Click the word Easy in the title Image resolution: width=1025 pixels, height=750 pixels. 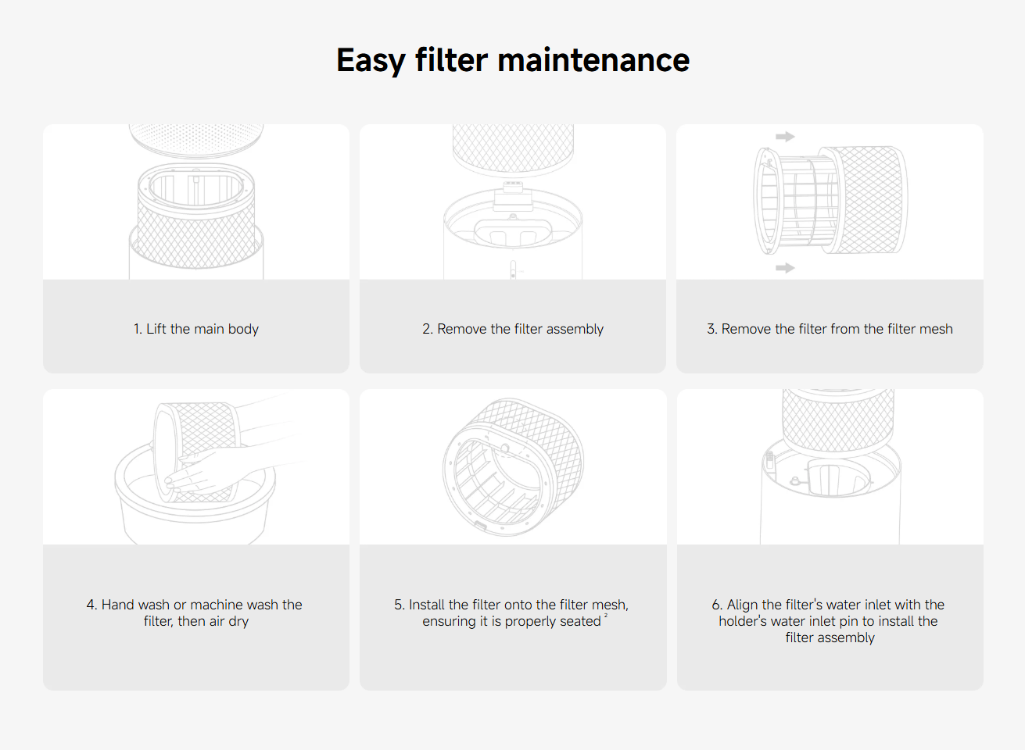pyautogui.click(x=371, y=60)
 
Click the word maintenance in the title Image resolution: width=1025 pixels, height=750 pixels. pyautogui.click(x=593, y=60)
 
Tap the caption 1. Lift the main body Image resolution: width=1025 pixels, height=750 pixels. pyautogui.click(x=195, y=329)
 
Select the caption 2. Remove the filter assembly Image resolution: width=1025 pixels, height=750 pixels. pyautogui.click(x=513, y=329)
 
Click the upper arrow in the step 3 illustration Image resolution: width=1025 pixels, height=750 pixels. pyautogui.click(x=785, y=136)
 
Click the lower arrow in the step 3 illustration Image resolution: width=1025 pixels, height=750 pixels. pyautogui.click(x=785, y=267)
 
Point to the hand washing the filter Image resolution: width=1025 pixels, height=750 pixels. pyautogui.click(x=206, y=471)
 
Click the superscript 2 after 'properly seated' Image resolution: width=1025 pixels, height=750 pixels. pyautogui.click(x=606, y=615)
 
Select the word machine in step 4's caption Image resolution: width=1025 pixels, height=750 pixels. pyautogui.click(x=218, y=605)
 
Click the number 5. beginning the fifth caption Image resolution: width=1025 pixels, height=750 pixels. pyautogui.click(x=400, y=605)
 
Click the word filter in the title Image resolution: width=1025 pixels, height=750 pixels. pyautogui.click(x=452, y=60)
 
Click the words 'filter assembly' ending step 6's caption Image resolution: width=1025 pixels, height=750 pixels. pyautogui.click(x=830, y=638)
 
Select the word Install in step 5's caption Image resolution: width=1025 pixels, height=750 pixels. pyautogui.click(x=427, y=605)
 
